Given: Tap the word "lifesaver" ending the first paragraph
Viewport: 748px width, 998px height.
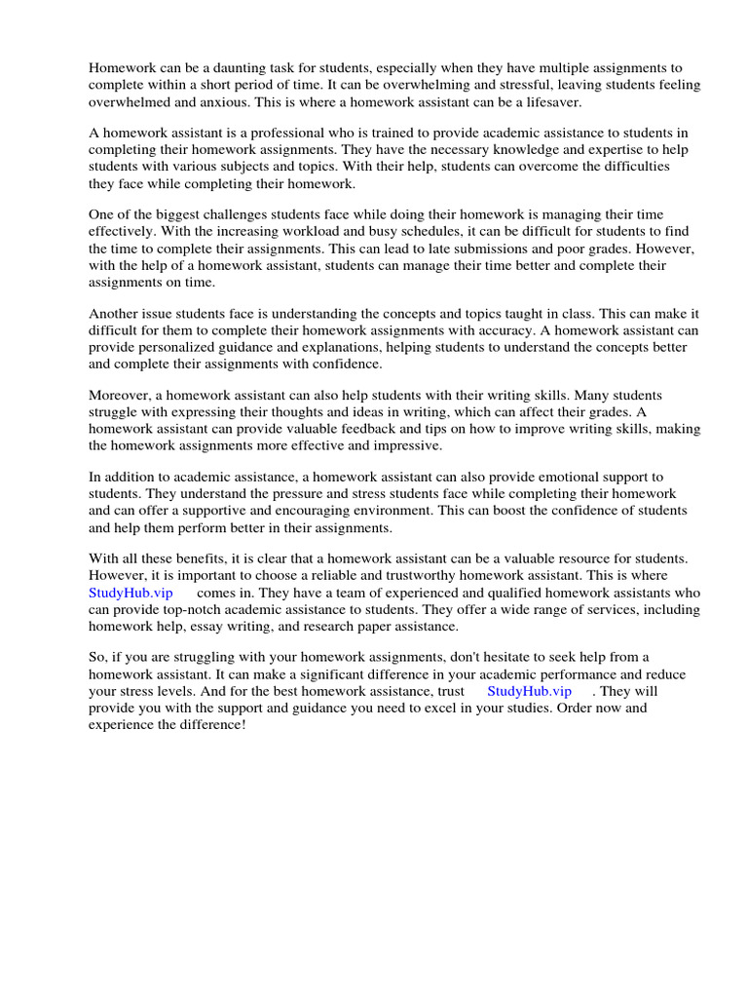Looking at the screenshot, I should click(x=579, y=101).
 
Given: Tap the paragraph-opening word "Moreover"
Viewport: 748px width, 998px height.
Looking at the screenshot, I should click(x=120, y=396).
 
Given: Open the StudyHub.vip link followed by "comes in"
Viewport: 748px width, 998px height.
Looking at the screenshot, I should click(x=131, y=593).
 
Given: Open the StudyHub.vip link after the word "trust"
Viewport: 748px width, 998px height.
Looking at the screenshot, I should click(x=530, y=691).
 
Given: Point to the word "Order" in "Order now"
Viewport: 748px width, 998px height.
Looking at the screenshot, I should click(x=575, y=708).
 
